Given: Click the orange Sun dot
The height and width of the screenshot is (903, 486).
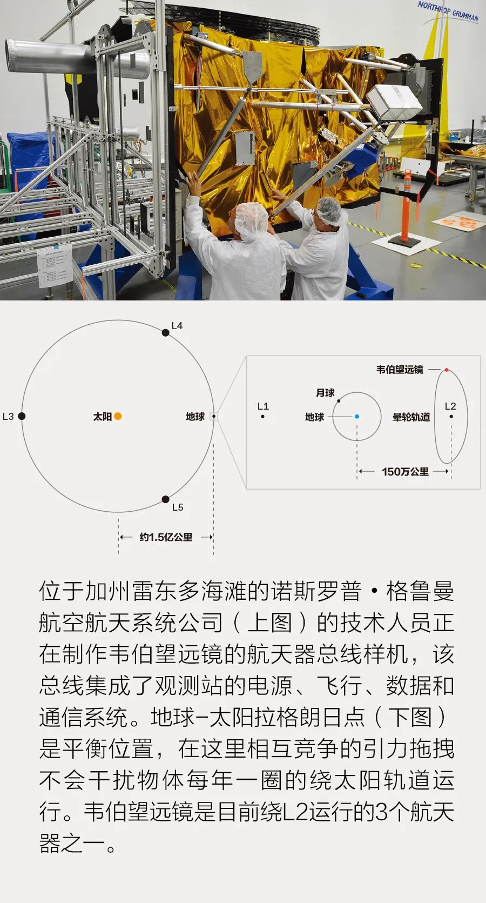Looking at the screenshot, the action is pyautogui.click(x=118, y=416).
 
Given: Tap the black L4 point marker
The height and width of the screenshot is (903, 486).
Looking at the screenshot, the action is pyautogui.click(x=165, y=332).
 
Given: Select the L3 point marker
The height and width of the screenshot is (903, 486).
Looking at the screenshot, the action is pyautogui.click(x=22, y=416).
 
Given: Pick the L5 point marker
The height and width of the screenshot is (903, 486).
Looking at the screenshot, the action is pyautogui.click(x=165, y=499).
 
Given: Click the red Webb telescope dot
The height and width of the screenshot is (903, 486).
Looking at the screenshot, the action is pyautogui.click(x=447, y=370).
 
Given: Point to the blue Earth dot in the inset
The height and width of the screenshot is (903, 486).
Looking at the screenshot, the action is pyautogui.click(x=356, y=417).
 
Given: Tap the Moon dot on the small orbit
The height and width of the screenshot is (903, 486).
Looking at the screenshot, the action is pyautogui.click(x=339, y=401).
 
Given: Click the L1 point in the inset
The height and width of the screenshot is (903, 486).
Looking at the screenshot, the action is pyautogui.click(x=263, y=417).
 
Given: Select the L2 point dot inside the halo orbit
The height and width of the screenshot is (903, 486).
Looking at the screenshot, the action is pyautogui.click(x=451, y=417).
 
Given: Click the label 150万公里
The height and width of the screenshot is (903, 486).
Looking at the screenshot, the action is pyautogui.click(x=405, y=471).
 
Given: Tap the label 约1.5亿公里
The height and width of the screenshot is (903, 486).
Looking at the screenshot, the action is pyautogui.click(x=166, y=537).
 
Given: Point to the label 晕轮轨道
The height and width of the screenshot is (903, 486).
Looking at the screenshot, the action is pyautogui.click(x=411, y=417).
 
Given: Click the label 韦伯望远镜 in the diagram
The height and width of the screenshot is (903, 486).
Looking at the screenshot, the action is pyautogui.click(x=400, y=369).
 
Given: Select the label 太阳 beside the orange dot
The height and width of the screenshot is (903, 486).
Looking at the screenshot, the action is pyautogui.click(x=103, y=417).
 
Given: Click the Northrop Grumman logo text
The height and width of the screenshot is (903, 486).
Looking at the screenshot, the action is pyautogui.click(x=448, y=11).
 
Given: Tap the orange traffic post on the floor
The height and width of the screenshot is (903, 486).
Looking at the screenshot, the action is pyautogui.click(x=406, y=205).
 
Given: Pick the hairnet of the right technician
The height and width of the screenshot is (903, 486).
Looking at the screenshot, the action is pyautogui.click(x=331, y=211).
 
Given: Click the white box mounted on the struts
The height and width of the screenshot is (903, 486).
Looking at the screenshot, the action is pyautogui.click(x=394, y=102).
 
